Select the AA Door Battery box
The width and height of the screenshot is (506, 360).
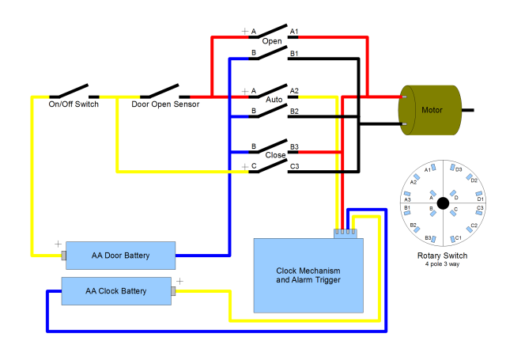point(119,256)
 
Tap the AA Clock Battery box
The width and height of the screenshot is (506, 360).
point(117,291)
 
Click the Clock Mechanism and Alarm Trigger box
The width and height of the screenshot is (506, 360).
point(308,275)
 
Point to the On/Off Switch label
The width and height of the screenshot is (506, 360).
point(74,104)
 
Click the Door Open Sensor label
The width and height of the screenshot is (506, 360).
point(165,104)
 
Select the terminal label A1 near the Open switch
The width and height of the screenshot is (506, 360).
point(294,32)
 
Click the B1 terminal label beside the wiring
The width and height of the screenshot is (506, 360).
point(294,54)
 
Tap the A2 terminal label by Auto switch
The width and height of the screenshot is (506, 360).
point(294,90)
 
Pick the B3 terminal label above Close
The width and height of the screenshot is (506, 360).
point(294,146)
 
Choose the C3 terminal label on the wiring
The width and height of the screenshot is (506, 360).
point(294,166)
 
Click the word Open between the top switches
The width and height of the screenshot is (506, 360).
point(272,41)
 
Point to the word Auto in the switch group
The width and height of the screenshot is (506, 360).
point(274,100)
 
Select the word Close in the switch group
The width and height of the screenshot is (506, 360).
point(275,156)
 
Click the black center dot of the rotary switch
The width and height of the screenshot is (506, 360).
point(443,203)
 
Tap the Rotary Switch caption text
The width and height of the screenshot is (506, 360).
point(442,256)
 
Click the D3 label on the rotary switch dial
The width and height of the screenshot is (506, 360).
point(459,169)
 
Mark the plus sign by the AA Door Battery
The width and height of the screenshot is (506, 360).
point(58,244)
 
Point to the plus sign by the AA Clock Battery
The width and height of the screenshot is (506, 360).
point(179,280)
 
